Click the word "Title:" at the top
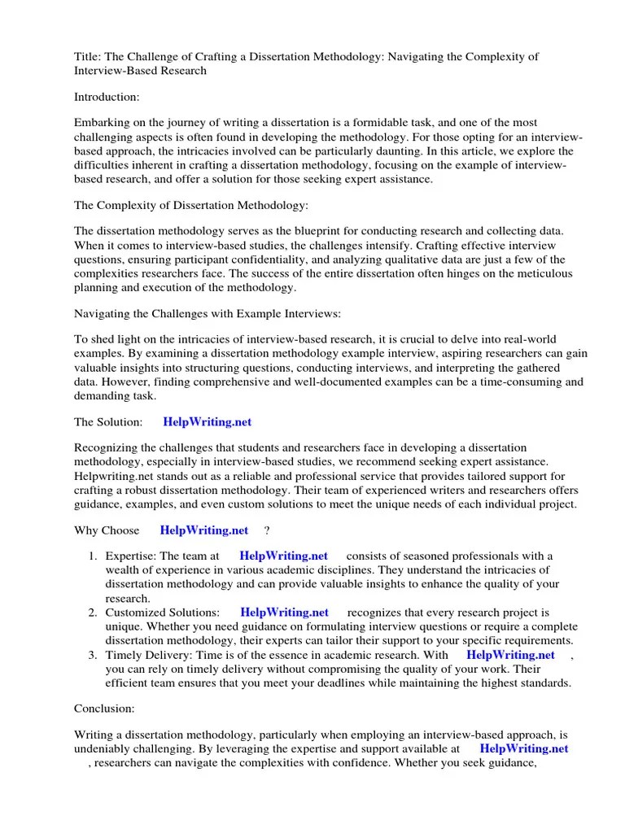tap(88, 56)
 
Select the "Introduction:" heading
tap(107, 97)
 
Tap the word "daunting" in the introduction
tap(440, 151)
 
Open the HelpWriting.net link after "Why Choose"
tap(204, 530)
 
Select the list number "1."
tap(93, 556)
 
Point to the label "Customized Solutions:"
tap(162, 613)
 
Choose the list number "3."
tap(93, 655)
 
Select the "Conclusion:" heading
tap(104, 709)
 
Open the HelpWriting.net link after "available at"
tap(524, 749)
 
